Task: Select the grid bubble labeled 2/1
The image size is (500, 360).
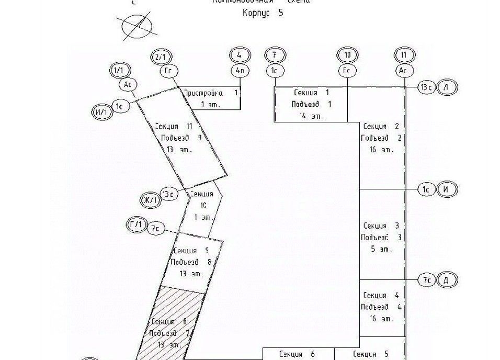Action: point(160,55)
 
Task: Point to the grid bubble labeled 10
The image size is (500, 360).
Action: point(347,55)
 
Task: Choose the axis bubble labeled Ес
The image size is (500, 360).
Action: point(347,70)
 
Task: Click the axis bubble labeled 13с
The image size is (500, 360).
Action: point(426,87)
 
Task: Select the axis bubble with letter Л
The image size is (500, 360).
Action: point(446,87)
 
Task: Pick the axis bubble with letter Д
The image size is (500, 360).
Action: point(446,280)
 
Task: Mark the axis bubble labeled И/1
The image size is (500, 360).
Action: point(100,111)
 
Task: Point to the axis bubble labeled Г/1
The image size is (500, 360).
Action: point(136,225)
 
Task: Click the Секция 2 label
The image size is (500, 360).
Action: point(382,127)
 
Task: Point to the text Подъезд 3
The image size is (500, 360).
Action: point(382,237)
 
